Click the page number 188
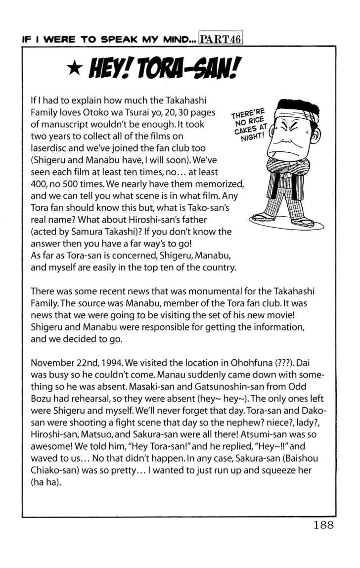tap(323, 525)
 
